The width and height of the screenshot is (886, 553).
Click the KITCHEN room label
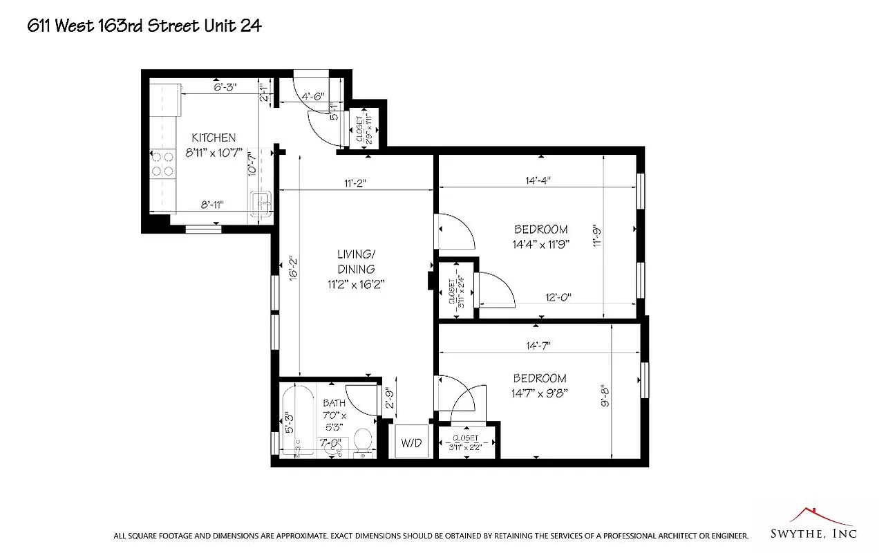click(214, 138)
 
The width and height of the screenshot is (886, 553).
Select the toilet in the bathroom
click(363, 440)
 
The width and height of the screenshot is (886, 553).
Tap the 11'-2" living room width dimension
click(355, 183)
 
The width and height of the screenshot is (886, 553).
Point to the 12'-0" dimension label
click(558, 297)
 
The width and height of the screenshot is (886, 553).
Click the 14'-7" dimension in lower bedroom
click(538, 345)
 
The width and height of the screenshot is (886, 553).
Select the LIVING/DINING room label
click(356, 263)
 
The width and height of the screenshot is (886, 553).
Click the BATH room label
click(334, 403)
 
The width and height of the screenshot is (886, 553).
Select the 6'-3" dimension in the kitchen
click(225, 87)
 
